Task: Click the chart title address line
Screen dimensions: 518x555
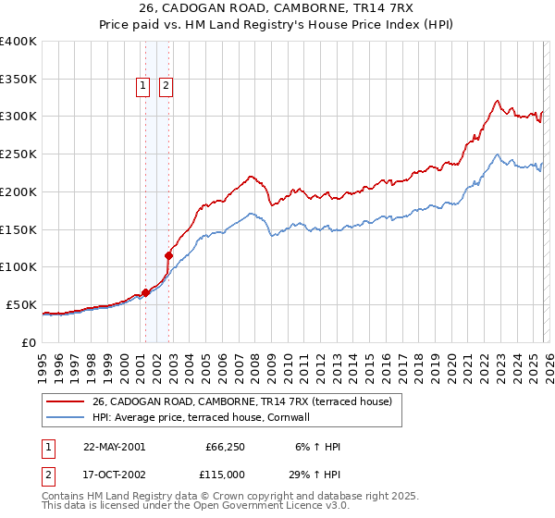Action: pyautogui.click(x=277, y=8)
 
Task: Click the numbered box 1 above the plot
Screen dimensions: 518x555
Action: pyautogui.click(x=144, y=87)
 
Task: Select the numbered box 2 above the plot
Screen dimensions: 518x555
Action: pyautogui.click(x=166, y=87)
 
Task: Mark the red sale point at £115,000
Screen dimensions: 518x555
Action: pyautogui.click(x=169, y=255)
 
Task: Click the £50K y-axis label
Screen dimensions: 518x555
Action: pyautogui.click(x=20, y=304)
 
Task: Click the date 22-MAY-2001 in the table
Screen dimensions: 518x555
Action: pyautogui.click(x=114, y=447)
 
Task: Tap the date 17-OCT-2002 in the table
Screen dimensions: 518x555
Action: pyautogui.click(x=114, y=473)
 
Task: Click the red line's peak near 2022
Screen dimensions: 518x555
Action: pyautogui.click(x=497, y=100)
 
